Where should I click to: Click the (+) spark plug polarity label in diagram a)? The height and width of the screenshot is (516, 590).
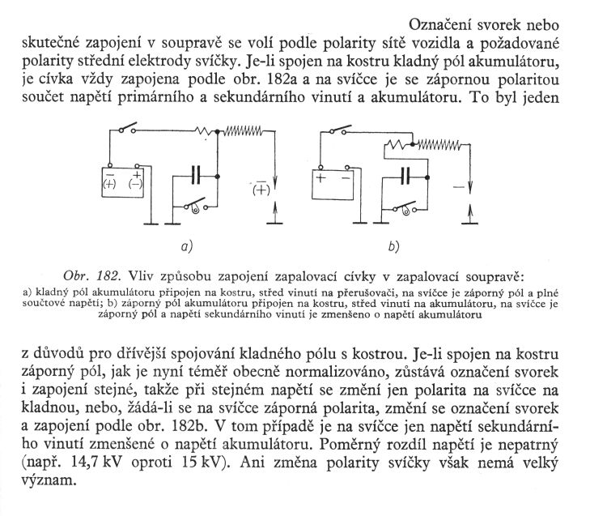261,191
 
